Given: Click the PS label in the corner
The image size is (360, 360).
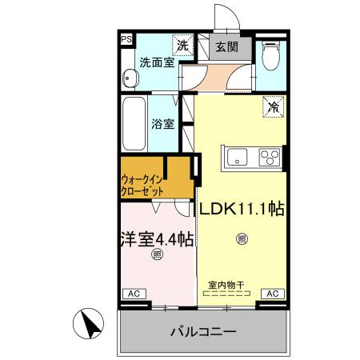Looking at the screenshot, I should coord(126,38).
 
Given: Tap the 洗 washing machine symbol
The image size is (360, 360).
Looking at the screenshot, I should coord(183,46).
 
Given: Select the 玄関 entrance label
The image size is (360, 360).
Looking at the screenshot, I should coord(227,46).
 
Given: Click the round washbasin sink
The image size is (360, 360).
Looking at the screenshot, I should coord(130,78).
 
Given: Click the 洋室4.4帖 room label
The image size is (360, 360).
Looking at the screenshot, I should coord(157,238).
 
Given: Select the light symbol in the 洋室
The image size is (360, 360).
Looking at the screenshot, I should coord(157,256).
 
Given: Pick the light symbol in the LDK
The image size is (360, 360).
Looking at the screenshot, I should coord(242,238).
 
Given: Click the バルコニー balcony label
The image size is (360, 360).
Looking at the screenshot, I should coord(202,331).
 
